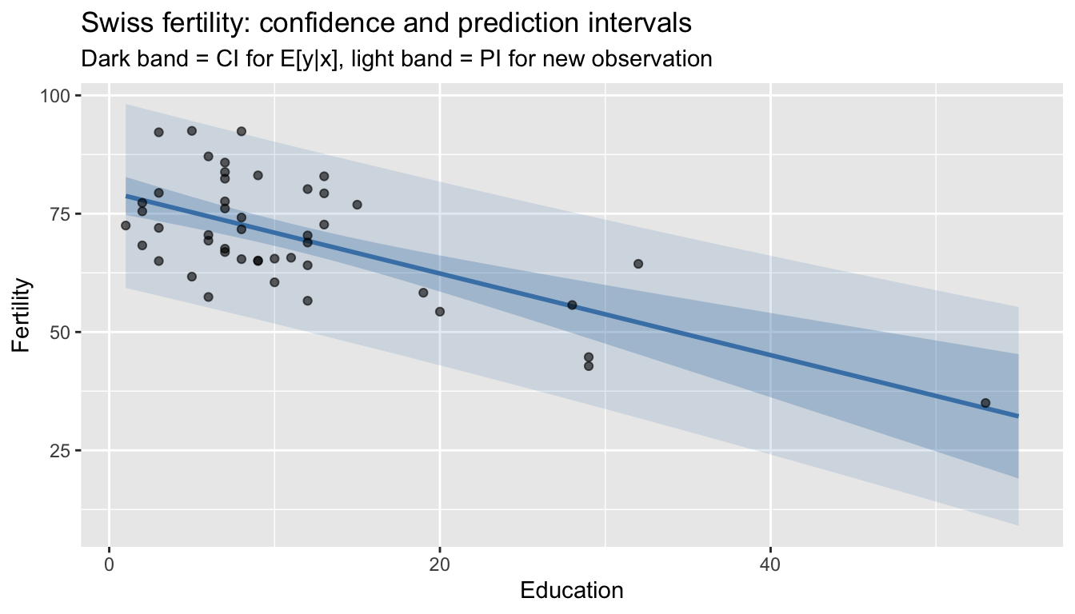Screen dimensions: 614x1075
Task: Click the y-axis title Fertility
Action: pyautogui.click(x=22, y=315)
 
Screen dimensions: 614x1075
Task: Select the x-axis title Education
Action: pyautogui.click(x=571, y=591)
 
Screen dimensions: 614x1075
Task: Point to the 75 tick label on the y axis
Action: pyautogui.click(x=62, y=214)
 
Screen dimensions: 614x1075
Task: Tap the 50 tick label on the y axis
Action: pyautogui.click(x=62, y=332)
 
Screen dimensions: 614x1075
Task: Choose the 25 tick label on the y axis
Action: pyautogui.click(x=62, y=450)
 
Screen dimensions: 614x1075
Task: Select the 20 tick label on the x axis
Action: pyautogui.click(x=439, y=564)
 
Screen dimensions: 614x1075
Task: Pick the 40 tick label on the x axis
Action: pyautogui.click(x=769, y=564)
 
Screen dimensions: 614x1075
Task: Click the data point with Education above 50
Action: pyautogui.click(x=985, y=403)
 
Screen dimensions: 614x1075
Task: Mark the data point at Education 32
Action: pyautogui.click(x=638, y=264)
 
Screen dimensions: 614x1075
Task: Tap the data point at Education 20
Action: pyautogui.click(x=440, y=312)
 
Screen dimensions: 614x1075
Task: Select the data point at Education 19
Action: pyautogui.click(x=423, y=293)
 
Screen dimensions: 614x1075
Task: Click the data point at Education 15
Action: pyautogui.click(x=357, y=205)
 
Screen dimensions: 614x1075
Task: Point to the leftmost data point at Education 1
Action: pyautogui.click(x=126, y=225)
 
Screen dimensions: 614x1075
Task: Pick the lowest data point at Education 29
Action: pyautogui.click(x=589, y=366)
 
